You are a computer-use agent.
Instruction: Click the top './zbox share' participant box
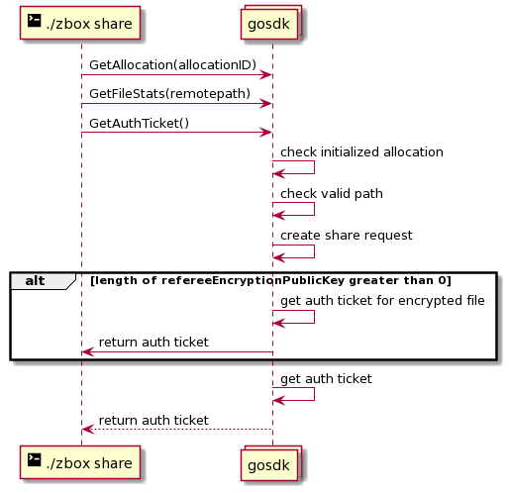(80, 23)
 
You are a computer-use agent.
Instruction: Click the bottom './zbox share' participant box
(80, 462)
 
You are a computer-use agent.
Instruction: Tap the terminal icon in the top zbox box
(34, 21)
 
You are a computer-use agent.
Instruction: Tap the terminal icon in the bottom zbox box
(34, 460)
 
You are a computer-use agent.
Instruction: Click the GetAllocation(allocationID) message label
(172, 65)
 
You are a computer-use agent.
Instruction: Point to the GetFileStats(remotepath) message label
(169, 94)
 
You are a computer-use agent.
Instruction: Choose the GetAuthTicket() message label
(139, 123)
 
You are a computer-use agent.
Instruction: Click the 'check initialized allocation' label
(361, 152)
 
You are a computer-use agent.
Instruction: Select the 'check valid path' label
(332, 194)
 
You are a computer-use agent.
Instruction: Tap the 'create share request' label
(347, 236)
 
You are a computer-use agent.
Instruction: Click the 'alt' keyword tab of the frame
(35, 281)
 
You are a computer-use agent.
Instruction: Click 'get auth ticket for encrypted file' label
(382, 301)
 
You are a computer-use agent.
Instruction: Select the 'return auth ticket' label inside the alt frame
(153, 343)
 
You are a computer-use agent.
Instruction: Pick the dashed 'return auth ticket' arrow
(177, 430)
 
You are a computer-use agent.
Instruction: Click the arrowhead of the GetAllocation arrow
(265, 75)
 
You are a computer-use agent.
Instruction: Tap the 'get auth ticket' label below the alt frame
(326, 379)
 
